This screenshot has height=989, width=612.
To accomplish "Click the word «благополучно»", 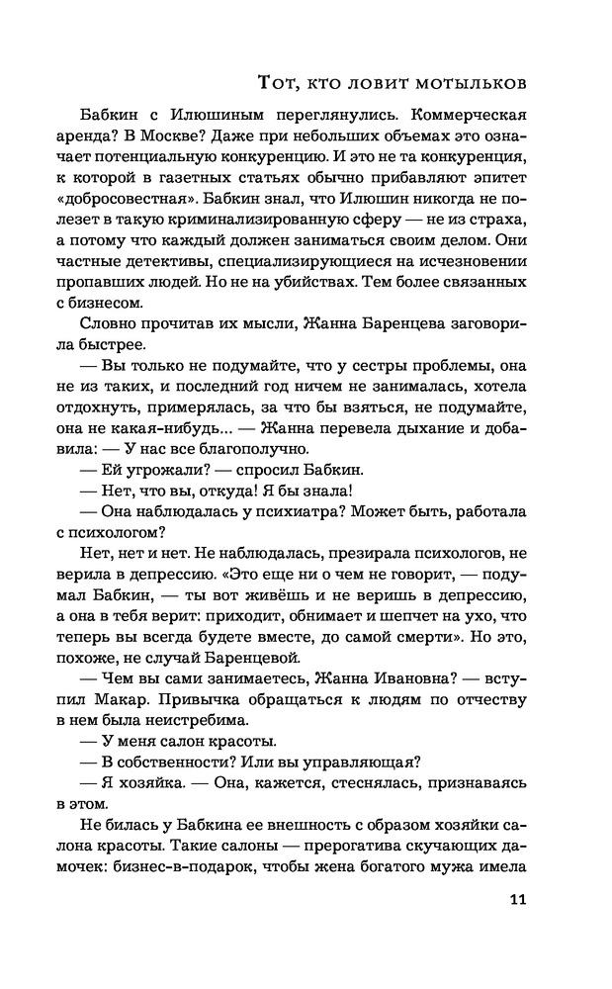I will coord(263,444).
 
